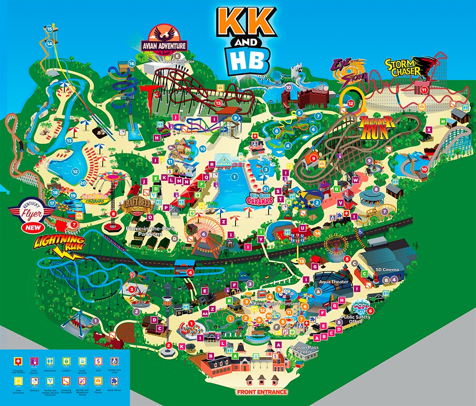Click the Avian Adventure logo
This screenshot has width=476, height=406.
point(164,41)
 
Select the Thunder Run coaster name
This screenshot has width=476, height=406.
point(377,127)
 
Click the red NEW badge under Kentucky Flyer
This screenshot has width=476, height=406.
point(32,228)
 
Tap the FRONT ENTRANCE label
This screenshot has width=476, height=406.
point(262,392)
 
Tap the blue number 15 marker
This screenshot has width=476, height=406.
point(49,29)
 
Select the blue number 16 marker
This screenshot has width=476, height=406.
point(131,63)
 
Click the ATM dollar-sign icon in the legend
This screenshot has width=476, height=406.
point(98,360)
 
